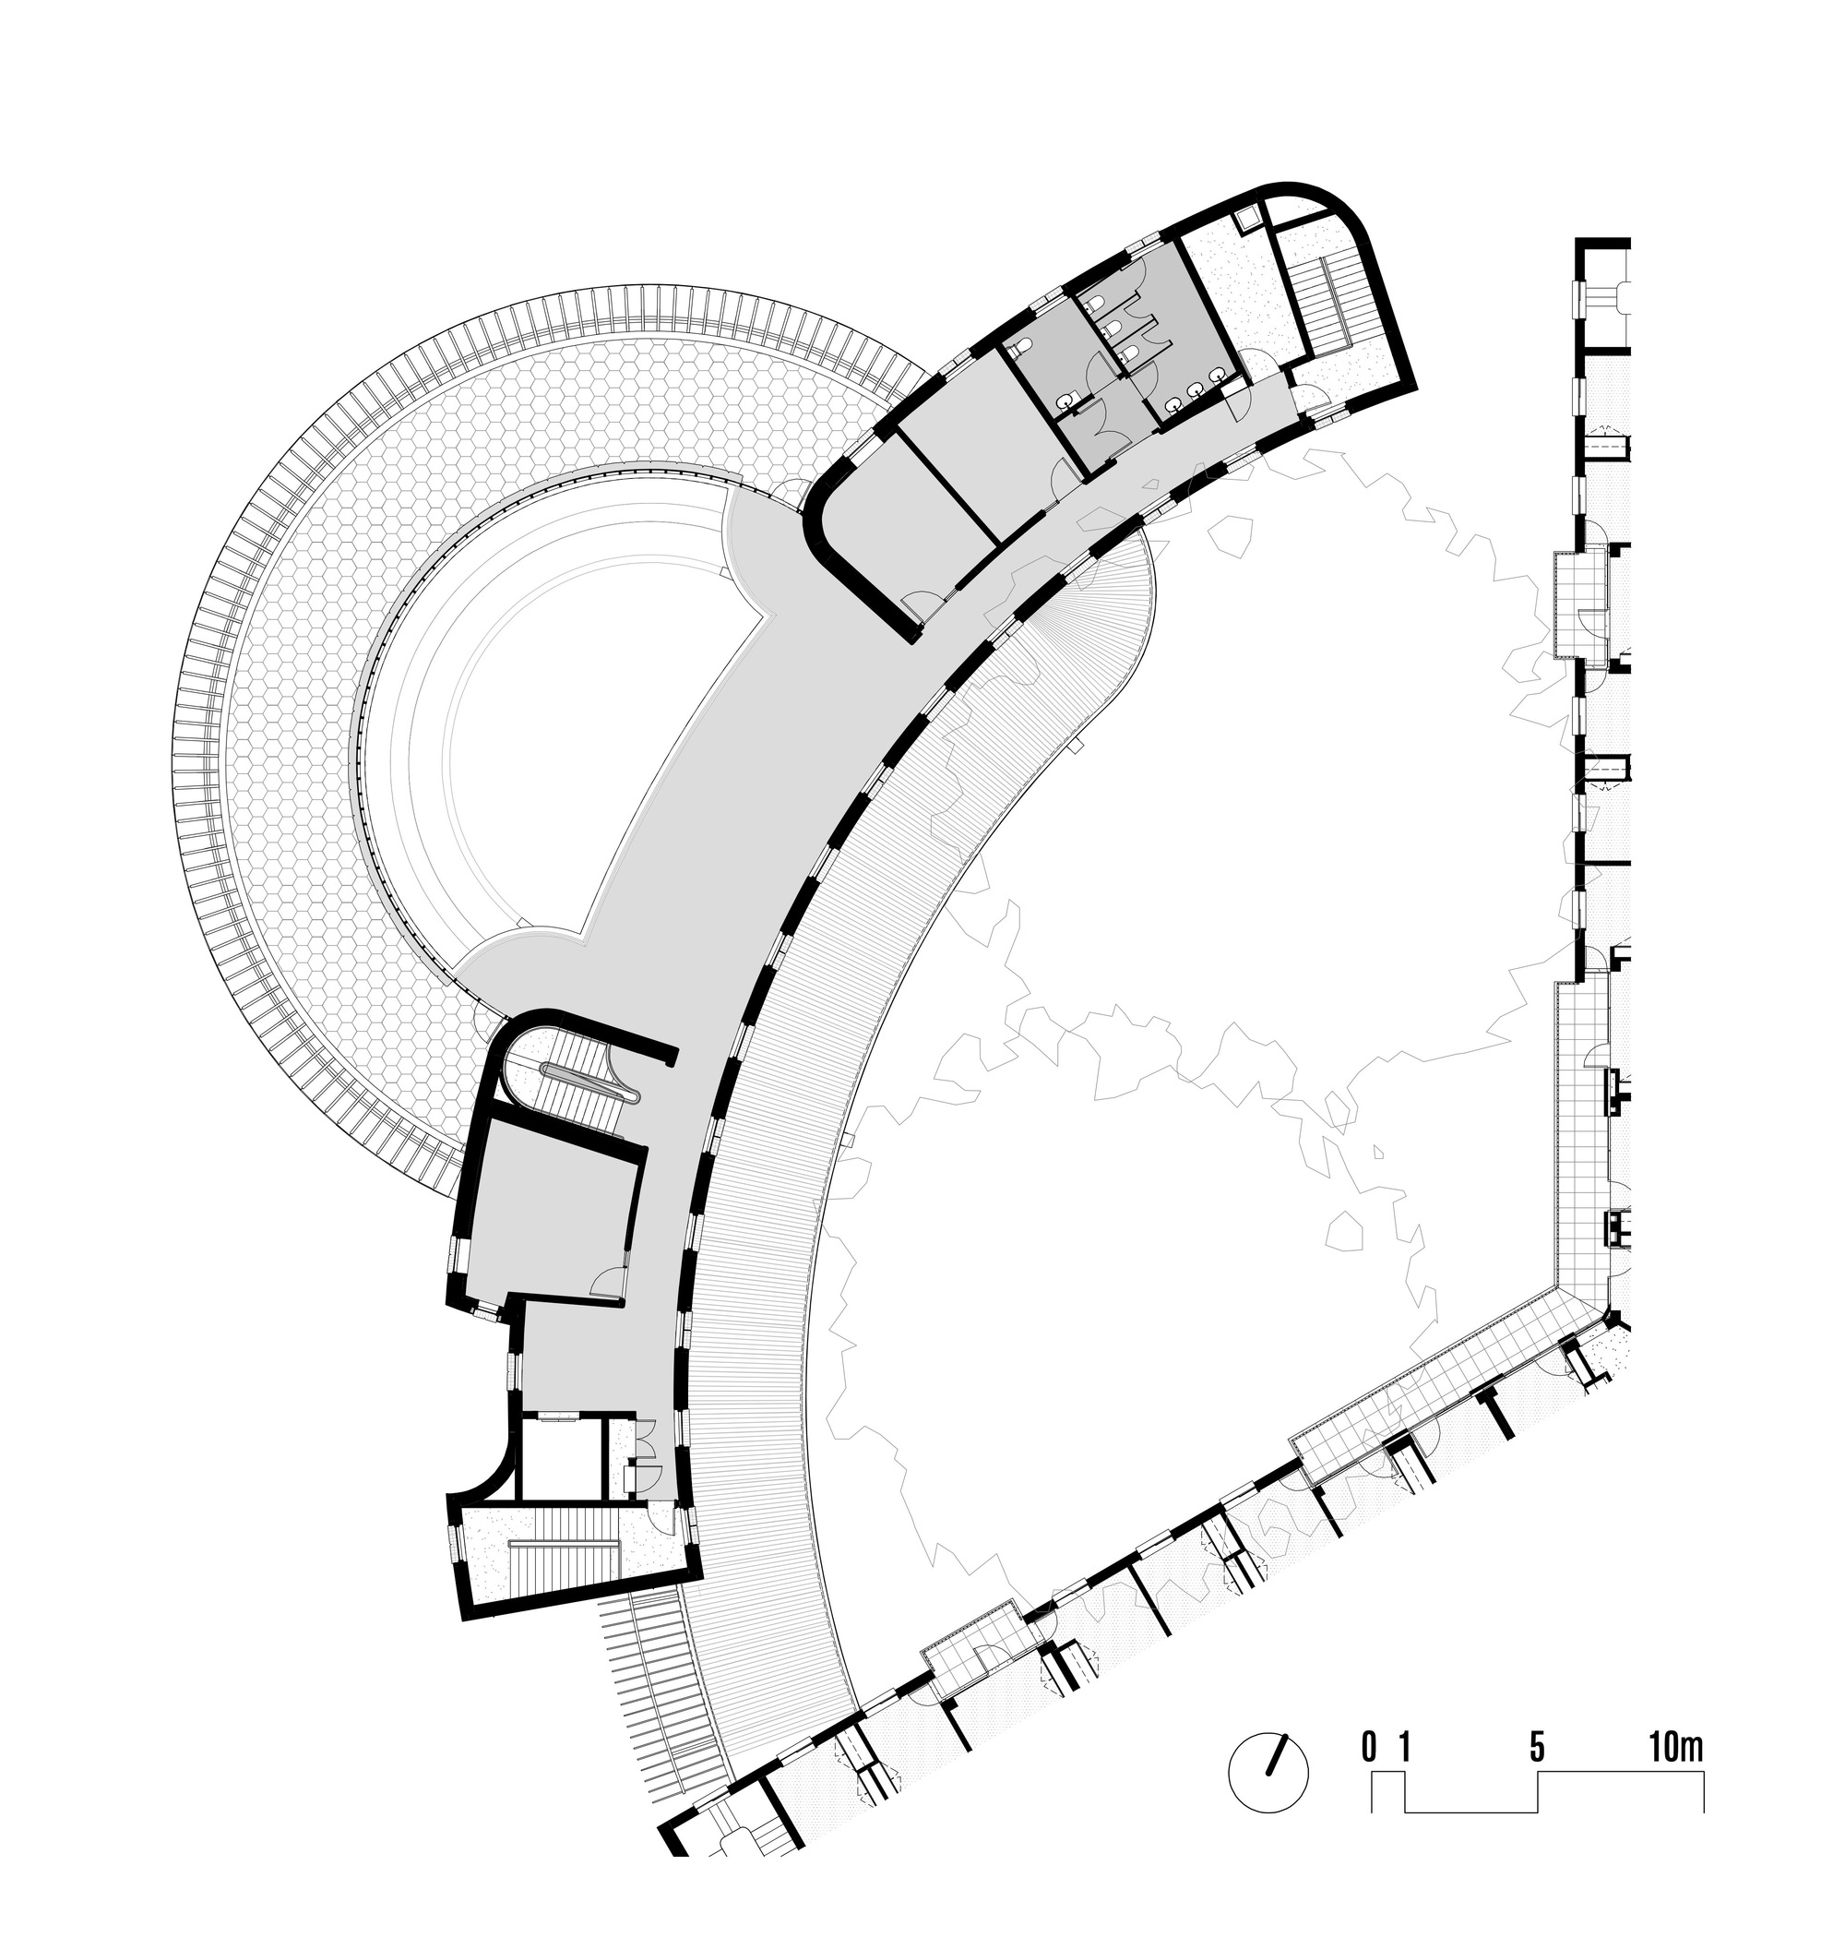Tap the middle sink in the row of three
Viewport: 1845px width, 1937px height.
[1195, 388]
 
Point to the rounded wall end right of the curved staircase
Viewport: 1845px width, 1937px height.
[672, 1057]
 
